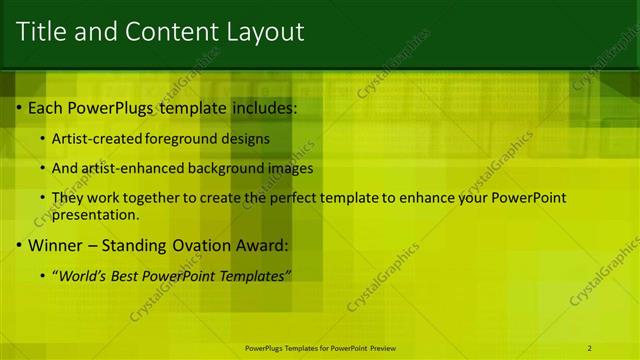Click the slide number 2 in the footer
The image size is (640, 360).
(589, 348)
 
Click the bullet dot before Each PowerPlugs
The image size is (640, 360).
(21, 107)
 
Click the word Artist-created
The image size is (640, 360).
(98, 138)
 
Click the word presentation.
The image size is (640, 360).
(95, 214)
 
